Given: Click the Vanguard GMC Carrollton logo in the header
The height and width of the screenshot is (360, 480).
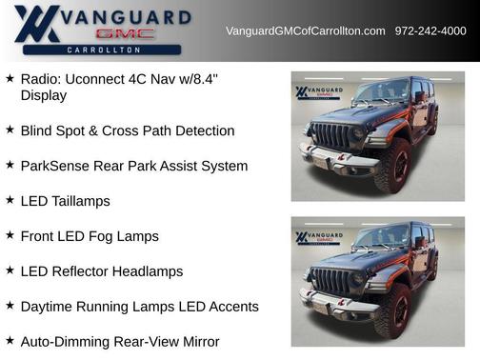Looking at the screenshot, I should [x=102, y=30].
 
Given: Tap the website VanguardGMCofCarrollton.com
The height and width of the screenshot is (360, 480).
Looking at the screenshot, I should [x=305, y=31].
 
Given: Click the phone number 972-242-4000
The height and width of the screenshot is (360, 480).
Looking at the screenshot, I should [x=430, y=31].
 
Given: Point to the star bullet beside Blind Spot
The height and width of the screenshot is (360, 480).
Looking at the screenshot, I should [x=10, y=130].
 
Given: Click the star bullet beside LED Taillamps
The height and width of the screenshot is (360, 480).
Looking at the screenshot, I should [x=10, y=200].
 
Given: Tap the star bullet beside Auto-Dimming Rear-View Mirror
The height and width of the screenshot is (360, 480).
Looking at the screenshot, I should [x=10, y=340].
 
